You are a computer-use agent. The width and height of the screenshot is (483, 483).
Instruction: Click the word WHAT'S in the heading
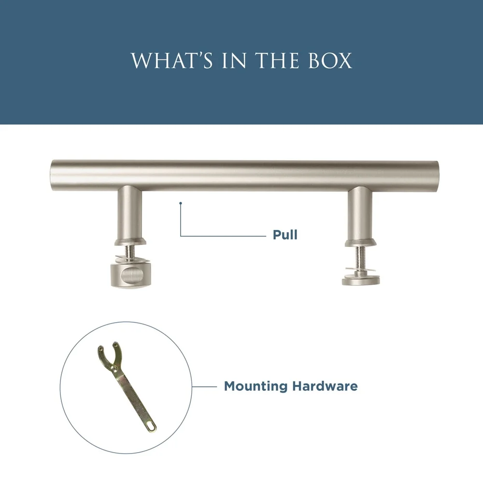172,60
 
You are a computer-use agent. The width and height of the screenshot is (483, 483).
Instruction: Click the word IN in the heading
234,60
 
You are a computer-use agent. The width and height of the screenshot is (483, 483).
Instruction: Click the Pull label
285,235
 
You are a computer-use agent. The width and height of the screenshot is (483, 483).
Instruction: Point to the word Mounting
256,386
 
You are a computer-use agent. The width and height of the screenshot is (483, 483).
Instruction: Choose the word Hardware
325,386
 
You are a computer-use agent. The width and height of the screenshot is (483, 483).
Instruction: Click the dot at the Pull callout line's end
181,203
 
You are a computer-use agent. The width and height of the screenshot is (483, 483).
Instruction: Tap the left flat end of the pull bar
52,176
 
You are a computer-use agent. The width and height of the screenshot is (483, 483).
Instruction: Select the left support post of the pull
129,213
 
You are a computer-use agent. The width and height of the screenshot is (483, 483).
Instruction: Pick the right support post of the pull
360,213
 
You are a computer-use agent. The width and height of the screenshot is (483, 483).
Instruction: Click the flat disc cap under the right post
361,279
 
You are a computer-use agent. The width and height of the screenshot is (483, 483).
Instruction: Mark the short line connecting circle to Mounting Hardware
204,386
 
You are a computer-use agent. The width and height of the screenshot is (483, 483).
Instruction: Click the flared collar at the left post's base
130,242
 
